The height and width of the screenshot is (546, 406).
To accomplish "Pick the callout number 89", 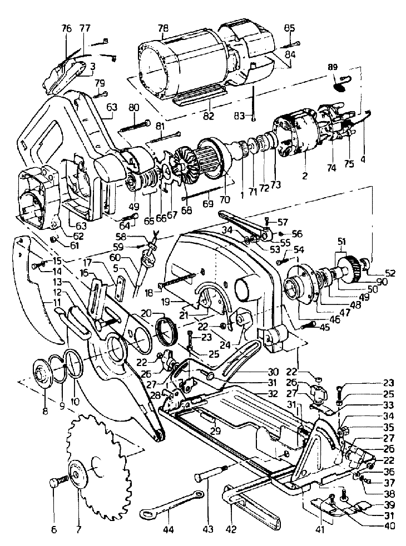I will (x=332, y=67).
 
